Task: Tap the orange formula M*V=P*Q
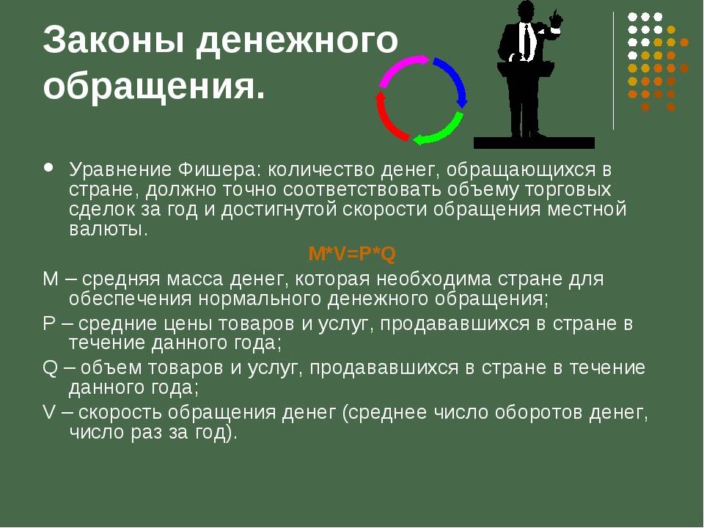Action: click(x=352, y=254)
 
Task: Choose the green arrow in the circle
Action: click(x=439, y=131)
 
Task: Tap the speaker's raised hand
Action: click(x=556, y=21)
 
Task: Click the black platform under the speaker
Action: click(x=535, y=143)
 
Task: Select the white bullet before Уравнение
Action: click(x=48, y=168)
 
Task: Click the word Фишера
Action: click(x=219, y=170)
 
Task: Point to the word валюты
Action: click(x=109, y=229)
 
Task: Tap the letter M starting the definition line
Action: click(x=51, y=279)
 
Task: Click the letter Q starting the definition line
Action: click(x=50, y=368)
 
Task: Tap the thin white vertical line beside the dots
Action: click(x=613, y=71)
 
